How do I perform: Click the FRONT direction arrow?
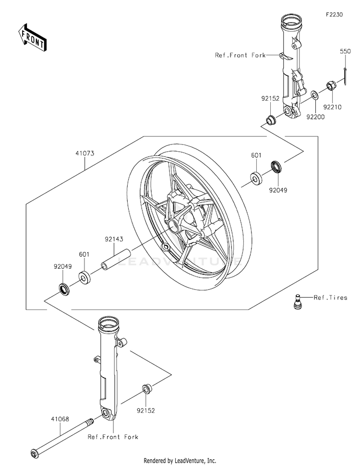[32, 37]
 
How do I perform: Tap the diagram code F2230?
[334, 14]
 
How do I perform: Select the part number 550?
[345, 51]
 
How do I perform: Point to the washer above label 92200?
[314, 95]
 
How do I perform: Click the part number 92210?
[332, 107]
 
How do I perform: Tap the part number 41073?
[85, 153]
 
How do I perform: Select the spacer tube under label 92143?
[116, 260]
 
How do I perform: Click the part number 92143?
[114, 239]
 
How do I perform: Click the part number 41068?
[60, 419]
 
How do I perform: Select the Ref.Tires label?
[330, 297]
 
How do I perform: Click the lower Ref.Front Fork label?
[113, 437]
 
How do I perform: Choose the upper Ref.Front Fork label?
[240, 55]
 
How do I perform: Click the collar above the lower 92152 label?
[147, 389]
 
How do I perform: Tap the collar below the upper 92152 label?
[270, 120]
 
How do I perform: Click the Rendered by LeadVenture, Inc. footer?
[180, 461]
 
